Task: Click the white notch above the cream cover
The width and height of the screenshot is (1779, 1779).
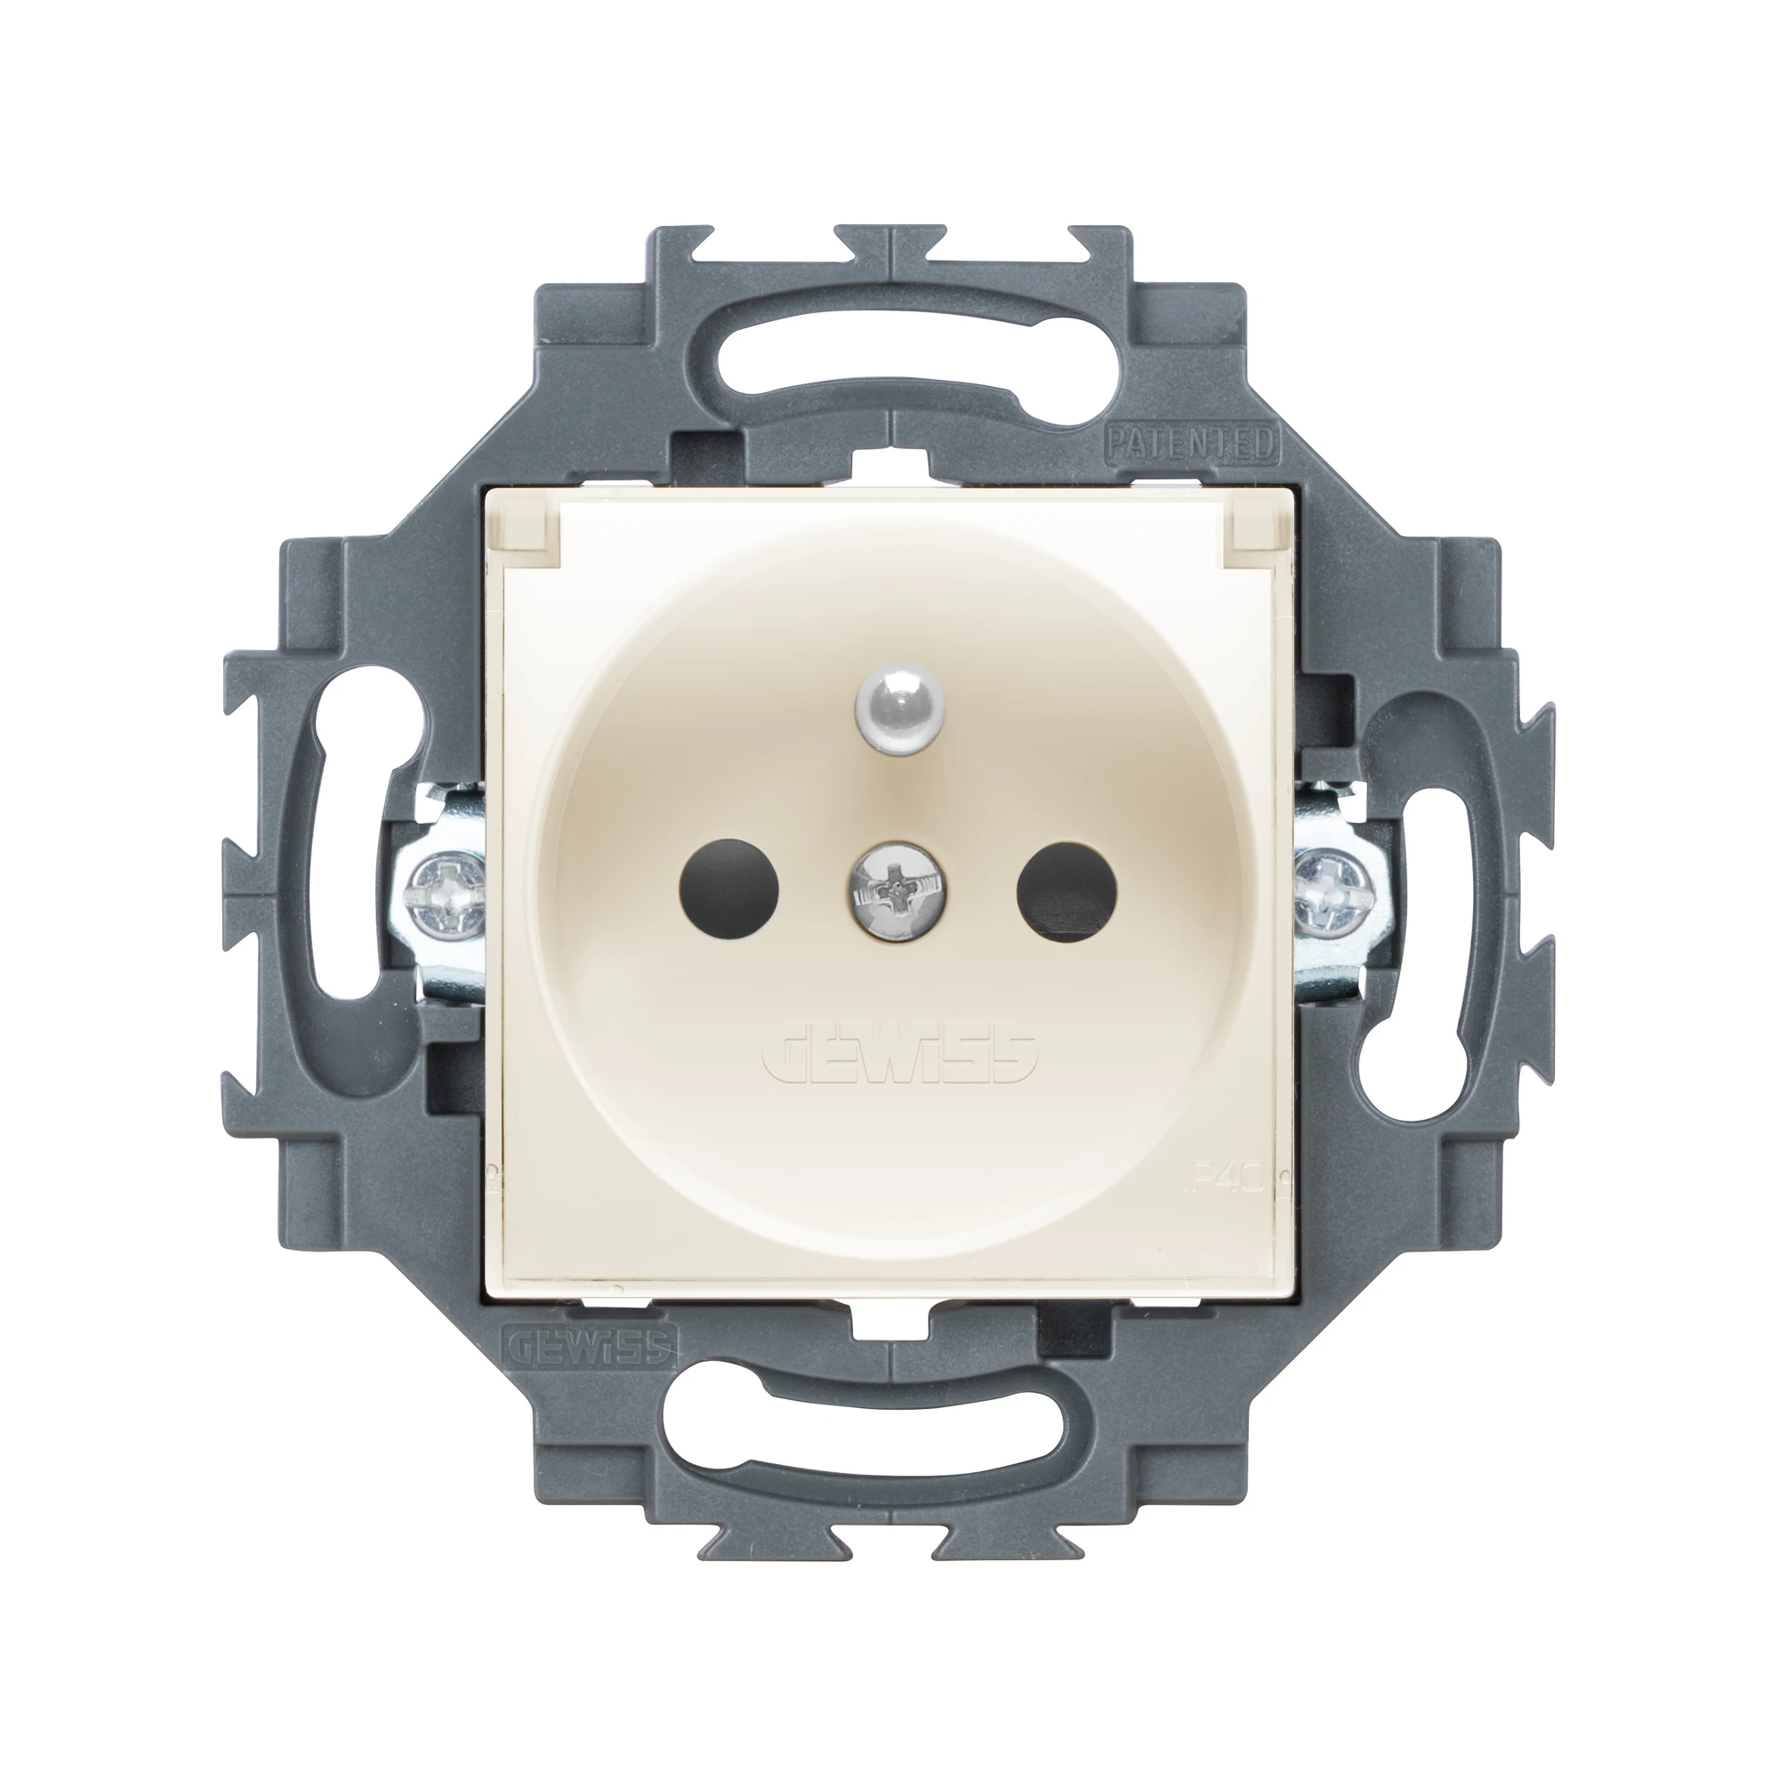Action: [889, 461]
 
